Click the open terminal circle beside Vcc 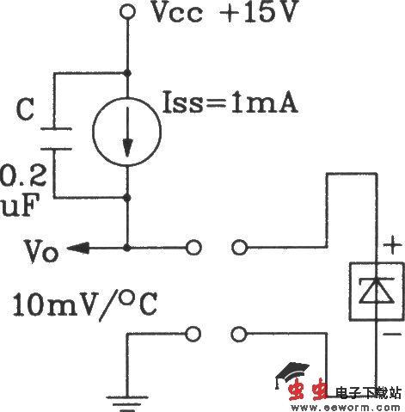[x=127, y=12]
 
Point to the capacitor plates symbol [x=54, y=138]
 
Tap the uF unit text [x=15, y=208]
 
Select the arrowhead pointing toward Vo [x=76, y=249]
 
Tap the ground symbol [x=127, y=375]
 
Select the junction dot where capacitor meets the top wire [x=127, y=72]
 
